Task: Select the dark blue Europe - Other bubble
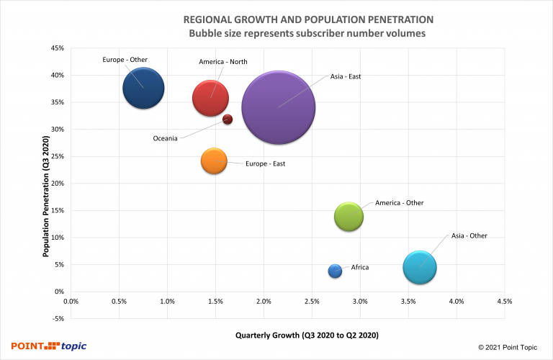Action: [x=143, y=88]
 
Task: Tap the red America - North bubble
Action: [x=211, y=99]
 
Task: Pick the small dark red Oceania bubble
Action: [x=228, y=120]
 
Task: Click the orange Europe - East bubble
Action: [x=214, y=161]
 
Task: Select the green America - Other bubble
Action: [x=349, y=216]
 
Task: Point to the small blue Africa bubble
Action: [x=335, y=271]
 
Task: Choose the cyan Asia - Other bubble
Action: [x=420, y=266]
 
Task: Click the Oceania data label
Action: [x=165, y=138]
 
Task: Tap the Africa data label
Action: [x=360, y=267]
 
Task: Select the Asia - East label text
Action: [x=346, y=76]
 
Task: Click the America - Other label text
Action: [x=400, y=203]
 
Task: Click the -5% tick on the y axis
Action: [x=58, y=319]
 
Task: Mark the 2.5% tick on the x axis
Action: [x=312, y=302]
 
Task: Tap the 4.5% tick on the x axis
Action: [x=504, y=302]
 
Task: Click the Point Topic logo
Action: [x=48, y=346]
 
